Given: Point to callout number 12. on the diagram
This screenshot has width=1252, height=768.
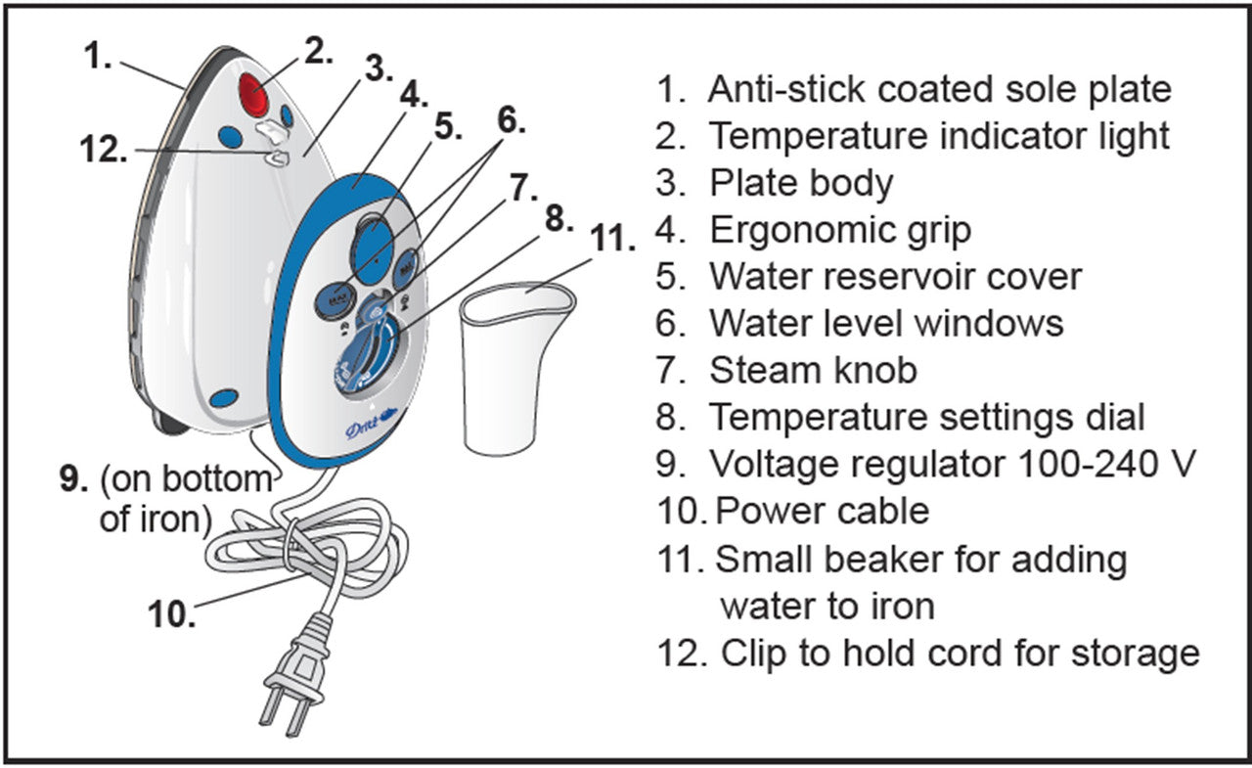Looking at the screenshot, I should [102, 151].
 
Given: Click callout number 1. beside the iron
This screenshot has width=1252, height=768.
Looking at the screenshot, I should [98, 56].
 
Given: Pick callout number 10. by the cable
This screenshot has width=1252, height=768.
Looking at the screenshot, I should [172, 615].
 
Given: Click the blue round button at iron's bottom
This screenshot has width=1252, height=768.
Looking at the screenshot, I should [224, 398].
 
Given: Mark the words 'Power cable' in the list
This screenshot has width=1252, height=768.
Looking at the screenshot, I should [822, 510].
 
